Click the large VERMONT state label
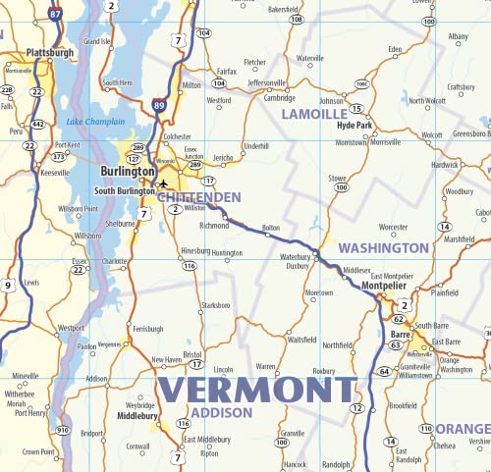pos(259,390)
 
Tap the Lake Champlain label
pos(95,122)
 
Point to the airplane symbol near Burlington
pos(163,183)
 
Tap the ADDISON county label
pos(221,412)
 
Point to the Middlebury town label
pos(138,416)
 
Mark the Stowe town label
pos(338,177)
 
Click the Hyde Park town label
pos(354,126)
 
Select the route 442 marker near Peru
pos(38,124)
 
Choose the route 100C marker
pos(361,84)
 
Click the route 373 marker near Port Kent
pos(58,155)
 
